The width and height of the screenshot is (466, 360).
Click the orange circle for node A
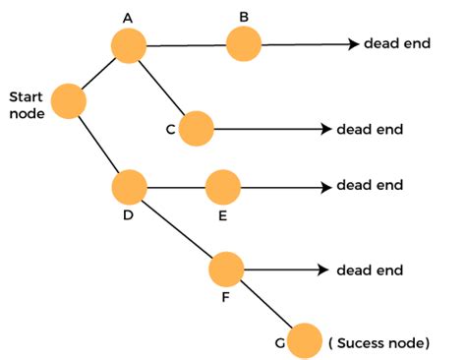tap(128, 45)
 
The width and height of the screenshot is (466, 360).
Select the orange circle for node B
tap(244, 43)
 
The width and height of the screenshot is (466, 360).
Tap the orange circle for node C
tap(197, 127)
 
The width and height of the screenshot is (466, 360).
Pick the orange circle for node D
tap(129, 185)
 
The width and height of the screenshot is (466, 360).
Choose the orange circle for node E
tap(223, 185)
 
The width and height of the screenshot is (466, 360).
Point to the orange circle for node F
tap(226, 268)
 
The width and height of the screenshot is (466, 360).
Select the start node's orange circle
tap(69, 100)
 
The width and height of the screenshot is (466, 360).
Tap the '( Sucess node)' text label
tap(379, 343)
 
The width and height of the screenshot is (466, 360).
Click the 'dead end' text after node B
tap(396, 44)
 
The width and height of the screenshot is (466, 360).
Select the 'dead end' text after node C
tap(370, 129)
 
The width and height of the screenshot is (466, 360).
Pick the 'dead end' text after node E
tap(370, 185)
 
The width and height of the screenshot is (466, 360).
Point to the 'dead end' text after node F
tap(370, 269)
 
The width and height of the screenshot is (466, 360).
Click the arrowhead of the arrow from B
tap(352, 44)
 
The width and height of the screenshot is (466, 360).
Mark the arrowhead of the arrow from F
tap(323, 268)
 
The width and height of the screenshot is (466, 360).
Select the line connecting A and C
tap(163, 88)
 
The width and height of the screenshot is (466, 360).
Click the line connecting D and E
tap(176, 185)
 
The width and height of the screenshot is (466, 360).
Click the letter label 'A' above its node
tap(128, 18)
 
